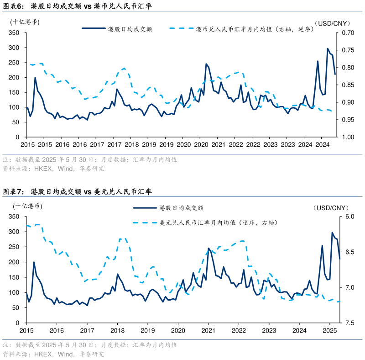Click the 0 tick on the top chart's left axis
coord(17,137)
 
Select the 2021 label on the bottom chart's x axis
coord(209,330)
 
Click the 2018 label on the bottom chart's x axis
coord(117,330)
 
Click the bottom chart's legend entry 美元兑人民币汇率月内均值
coord(219,223)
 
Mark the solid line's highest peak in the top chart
coord(328,48)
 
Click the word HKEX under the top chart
coord(43,169)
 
